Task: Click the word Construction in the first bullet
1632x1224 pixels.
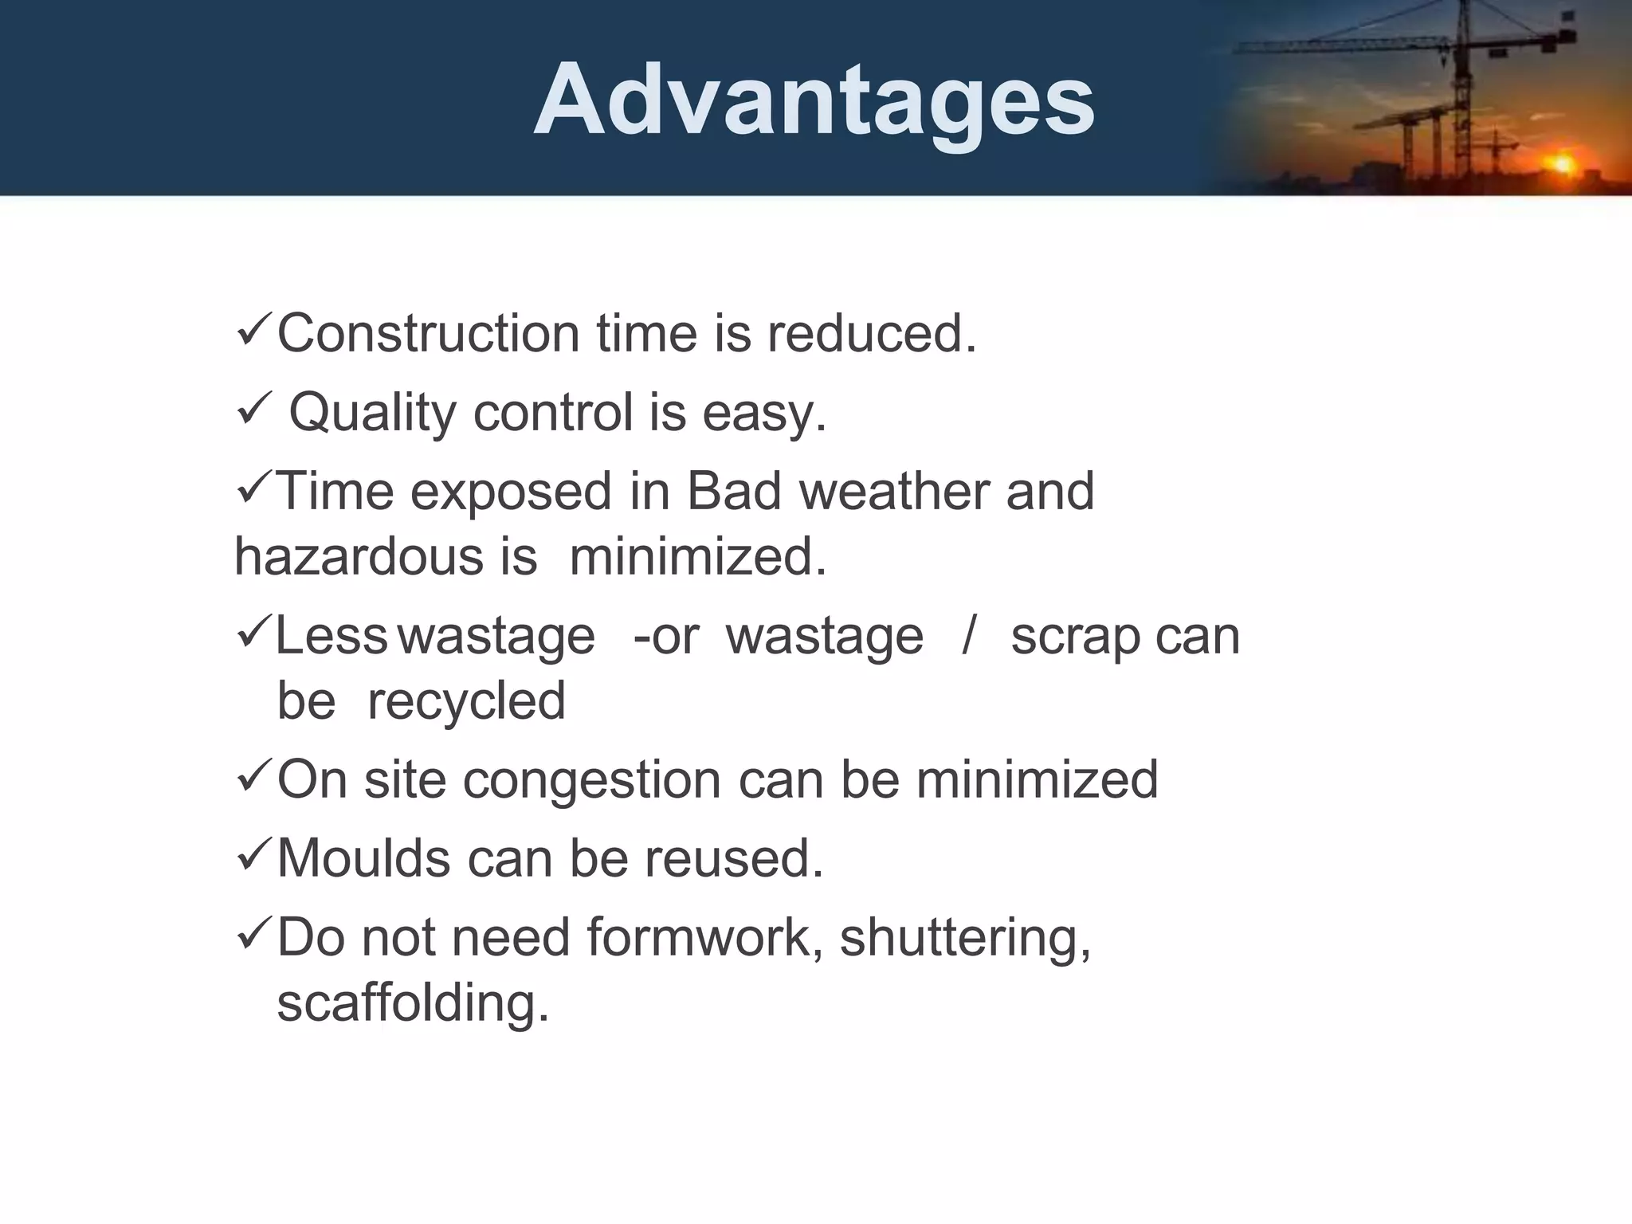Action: (x=428, y=333)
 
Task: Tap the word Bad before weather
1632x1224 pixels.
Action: (x=733, y=491)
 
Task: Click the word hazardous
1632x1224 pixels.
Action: (x=359, y=556)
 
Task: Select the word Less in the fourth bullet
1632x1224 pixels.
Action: (x=331, y=636)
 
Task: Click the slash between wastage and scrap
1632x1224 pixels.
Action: (x=967, y=636)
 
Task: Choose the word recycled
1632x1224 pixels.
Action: (x=466, y=702)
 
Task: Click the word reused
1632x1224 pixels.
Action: (x=733, y=858)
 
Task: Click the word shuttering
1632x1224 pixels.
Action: (x=964, y=939)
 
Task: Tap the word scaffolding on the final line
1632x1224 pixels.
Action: (x=413, y=1002)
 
